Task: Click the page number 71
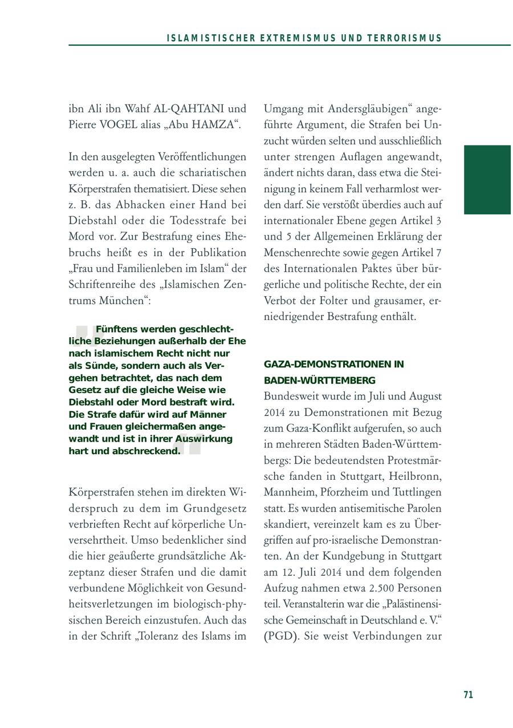[468, 694]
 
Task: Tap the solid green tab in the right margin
[487, 180]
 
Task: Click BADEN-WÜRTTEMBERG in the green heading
[319, 380]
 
